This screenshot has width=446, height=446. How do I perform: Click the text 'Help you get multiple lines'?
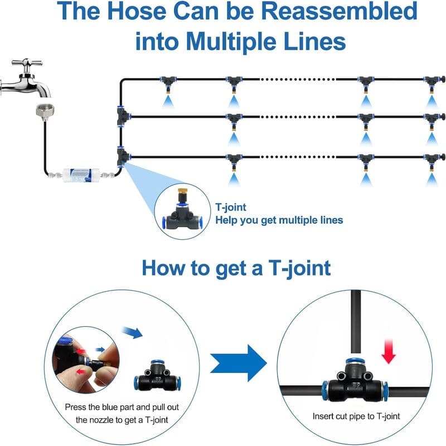click(x=279, y=220)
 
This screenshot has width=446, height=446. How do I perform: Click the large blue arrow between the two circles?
click(x=238, y=362)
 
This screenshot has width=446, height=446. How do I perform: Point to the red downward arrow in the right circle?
click(x=389, y=351)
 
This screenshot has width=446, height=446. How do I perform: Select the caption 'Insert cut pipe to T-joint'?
click(x=355, y=416)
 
